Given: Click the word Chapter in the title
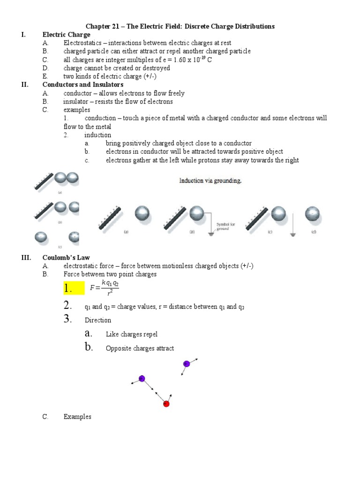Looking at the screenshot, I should click(x=97, y=26).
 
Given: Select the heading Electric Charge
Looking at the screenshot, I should click(x=66, y=35).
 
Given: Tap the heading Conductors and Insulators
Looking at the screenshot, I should click(x=82, y=85).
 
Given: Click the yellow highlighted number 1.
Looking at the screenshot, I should click(x=70, y=287).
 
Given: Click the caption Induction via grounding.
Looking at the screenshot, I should click(x=210, y=180).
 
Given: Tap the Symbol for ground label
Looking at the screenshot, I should click(x=226, y=227).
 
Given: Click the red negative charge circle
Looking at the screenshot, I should click(x=166, y=404).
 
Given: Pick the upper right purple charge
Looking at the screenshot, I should click(x=186, y=364).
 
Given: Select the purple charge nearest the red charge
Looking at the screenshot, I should click(x=142, y=378).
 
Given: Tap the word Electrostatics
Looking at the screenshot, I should click(x=82, y=43).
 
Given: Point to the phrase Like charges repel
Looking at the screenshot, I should click(x=132, y=334).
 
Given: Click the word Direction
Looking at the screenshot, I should click(x=98, y=320).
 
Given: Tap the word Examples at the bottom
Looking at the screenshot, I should click(x=77, y=417).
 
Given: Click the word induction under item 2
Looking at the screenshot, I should click(x=98, y=135).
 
